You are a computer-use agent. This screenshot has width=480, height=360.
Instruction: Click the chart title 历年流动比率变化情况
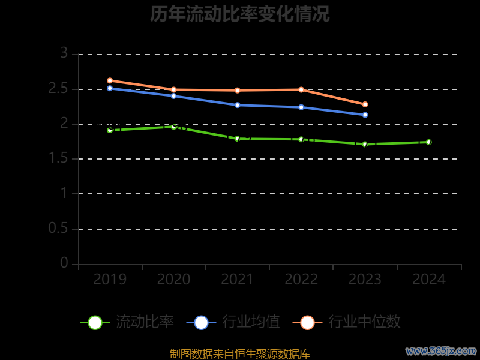240,14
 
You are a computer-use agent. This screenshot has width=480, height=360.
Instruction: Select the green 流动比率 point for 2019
110,130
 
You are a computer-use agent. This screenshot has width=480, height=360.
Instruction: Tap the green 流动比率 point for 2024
428,142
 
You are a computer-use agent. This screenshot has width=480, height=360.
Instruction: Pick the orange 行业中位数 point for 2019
110,80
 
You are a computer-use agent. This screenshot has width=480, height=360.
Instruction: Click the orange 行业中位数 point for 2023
365,104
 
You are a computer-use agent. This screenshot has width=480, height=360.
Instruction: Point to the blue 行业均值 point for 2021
238,105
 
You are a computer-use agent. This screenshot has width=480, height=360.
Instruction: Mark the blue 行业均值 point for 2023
365,115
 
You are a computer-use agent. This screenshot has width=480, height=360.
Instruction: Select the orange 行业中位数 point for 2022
301,89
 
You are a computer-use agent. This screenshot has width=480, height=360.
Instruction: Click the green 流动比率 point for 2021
238,139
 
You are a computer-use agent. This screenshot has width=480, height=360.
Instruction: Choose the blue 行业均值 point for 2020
173,96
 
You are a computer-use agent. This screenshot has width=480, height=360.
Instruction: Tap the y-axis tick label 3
64,54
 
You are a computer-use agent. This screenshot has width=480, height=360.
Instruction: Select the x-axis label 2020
173,280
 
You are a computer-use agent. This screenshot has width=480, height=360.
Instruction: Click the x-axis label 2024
429,280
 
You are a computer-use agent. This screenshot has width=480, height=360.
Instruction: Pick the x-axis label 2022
301,280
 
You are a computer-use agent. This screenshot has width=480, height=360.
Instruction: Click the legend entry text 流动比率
145,322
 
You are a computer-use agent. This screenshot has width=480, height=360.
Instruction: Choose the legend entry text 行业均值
251,322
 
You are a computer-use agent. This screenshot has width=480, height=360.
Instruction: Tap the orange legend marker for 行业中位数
307,322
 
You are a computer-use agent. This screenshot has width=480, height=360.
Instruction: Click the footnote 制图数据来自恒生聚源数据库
240,354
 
